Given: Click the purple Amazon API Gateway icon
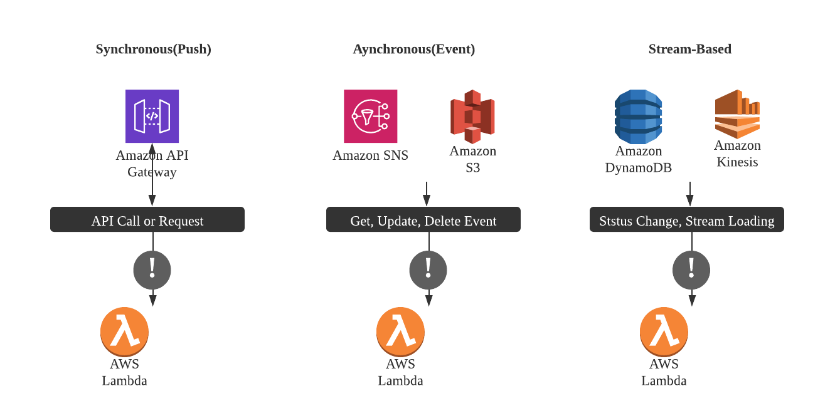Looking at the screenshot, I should pos(152,116).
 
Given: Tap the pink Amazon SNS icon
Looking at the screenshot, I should pos(370,116).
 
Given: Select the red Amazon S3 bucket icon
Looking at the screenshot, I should pos(472,117).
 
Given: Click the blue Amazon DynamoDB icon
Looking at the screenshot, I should pos(638,117).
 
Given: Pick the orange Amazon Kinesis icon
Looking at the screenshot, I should pos(737,114).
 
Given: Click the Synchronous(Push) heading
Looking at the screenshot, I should pos(153,49).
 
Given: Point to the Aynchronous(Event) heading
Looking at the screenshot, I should pos(413,49).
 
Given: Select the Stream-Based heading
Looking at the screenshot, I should pos(689,49).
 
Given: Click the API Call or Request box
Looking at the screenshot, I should pos(147,220).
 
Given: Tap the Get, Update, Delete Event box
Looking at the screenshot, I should pos(423,220).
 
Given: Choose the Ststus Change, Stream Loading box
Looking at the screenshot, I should pos(687,220).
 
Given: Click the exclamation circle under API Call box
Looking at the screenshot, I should pos(152,270).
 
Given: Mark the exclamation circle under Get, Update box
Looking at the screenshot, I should pos(428,270).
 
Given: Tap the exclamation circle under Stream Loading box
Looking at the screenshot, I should pos(691,270).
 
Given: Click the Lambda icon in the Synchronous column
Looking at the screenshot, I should pos(124,332).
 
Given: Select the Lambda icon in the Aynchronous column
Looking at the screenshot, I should pos(400,332).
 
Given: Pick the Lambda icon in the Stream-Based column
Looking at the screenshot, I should pos(664,332).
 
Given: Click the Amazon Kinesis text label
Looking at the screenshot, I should pos(737,154).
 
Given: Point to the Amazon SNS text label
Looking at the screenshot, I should pos(370,155).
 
